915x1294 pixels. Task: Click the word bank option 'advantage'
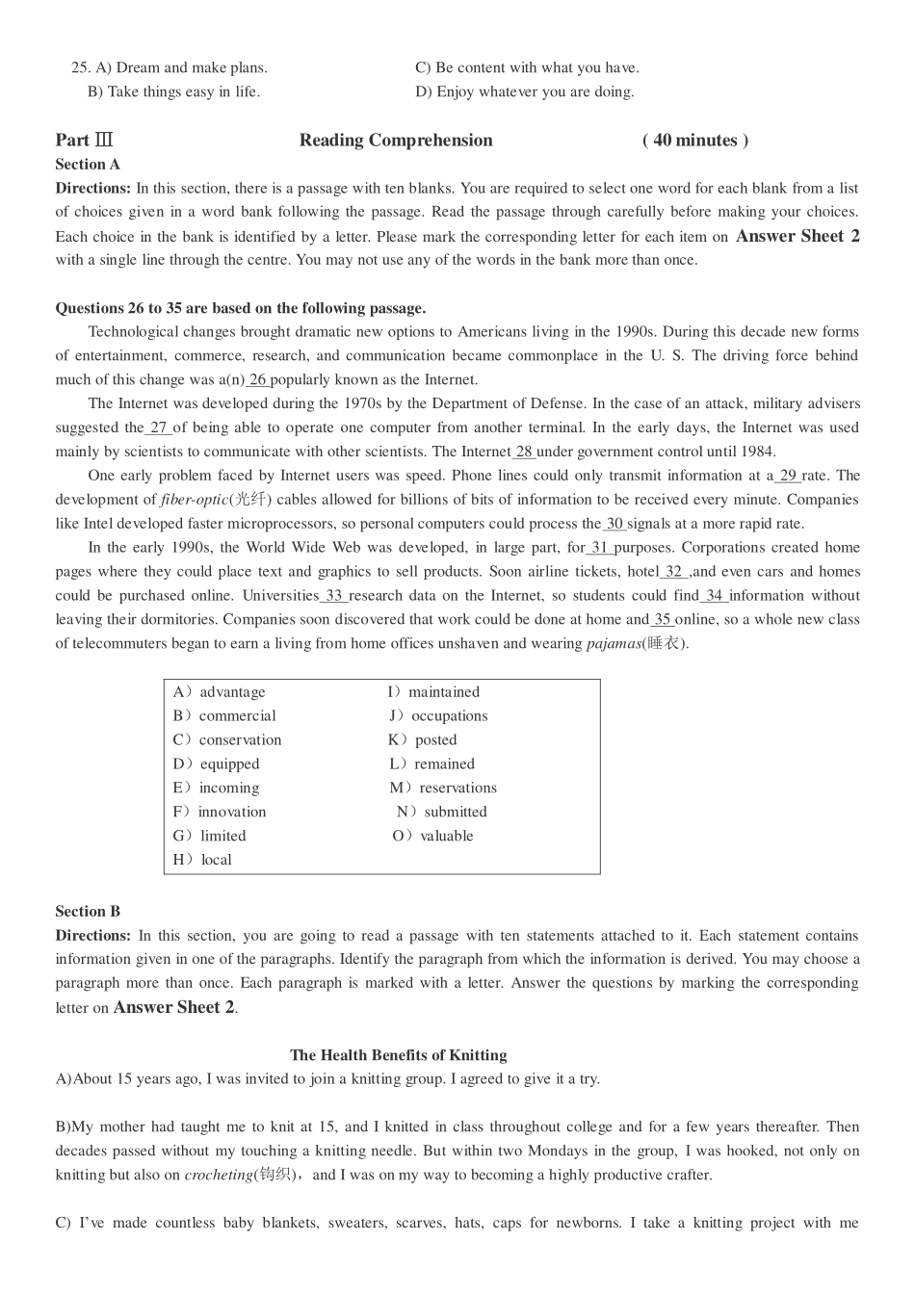[x=232, y=692]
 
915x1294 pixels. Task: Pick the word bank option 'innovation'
[x=231, y=812]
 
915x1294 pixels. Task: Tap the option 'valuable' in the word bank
[x=446, y=836]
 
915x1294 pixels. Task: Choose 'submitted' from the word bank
[x=455, y=812]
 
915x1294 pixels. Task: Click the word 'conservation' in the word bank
[x=240, y=739]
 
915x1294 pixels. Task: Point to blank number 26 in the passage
[x=258, y=379]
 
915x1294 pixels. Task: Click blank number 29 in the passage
[x=788, y=476]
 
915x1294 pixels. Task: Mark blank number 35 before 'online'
[x=663, y=620]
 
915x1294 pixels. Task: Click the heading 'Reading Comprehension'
[x=396, y=141]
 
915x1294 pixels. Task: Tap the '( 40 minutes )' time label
[x=694, y=141]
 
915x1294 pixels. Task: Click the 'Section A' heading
[x=88, y=165]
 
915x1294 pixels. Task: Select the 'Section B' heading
[x=88, y=911]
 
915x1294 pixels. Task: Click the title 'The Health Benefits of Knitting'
[x=398, y=1055]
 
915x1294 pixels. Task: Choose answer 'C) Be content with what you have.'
[x=527, y=67]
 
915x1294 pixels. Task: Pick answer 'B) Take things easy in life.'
[x=173, y=91]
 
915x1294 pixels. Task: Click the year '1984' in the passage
[x=759, y=452]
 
